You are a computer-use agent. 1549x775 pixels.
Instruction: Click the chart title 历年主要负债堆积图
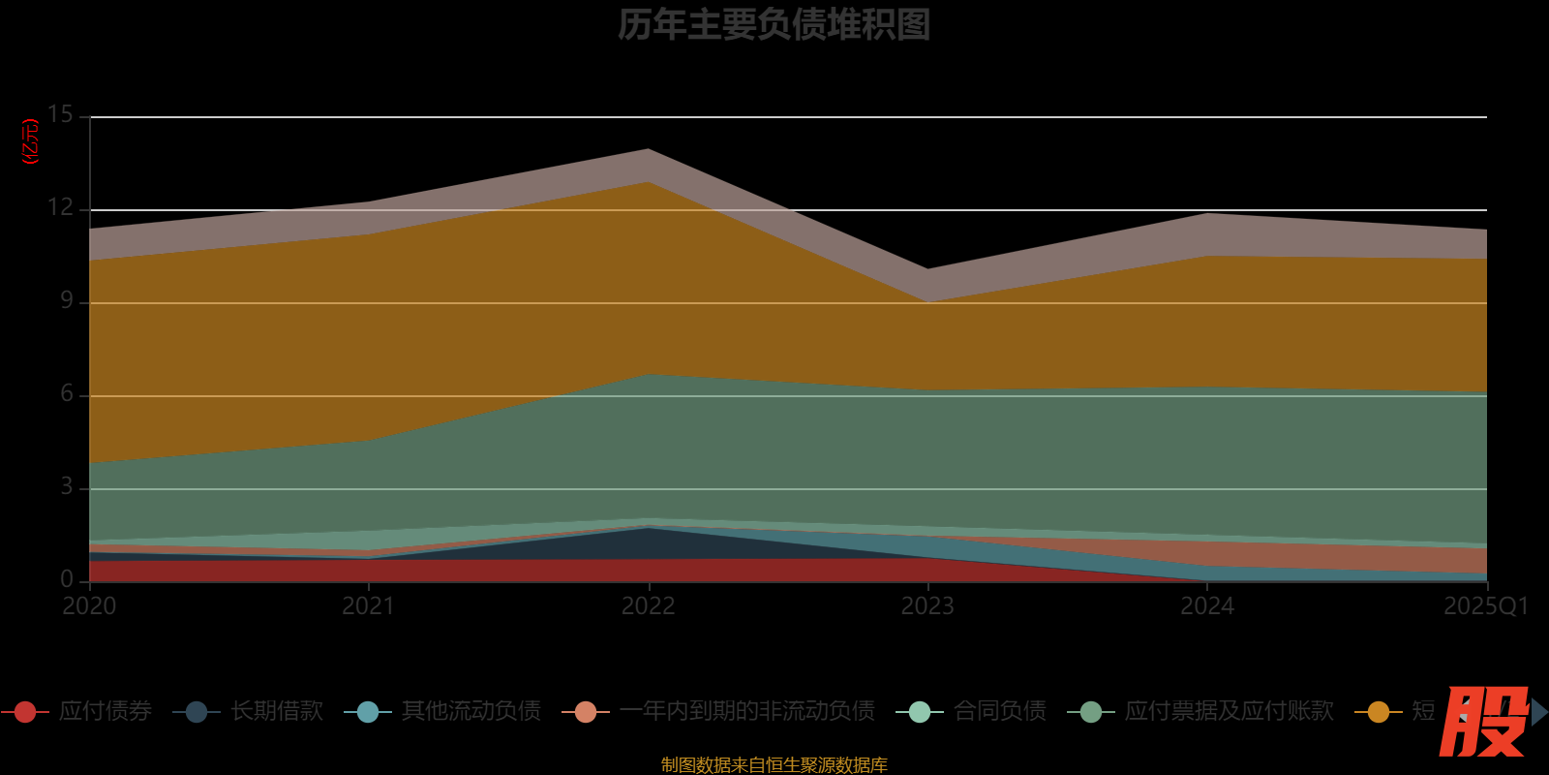coord(774,25)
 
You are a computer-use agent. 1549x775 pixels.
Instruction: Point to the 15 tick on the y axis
coord(60,114)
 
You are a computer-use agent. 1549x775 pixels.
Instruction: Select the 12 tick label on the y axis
coord(60,207)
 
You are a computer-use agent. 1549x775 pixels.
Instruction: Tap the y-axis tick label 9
coord(67,300)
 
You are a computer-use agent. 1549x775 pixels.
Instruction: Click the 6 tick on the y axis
coord(67,393)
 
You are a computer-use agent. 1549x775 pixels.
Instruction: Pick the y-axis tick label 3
coord(67,486)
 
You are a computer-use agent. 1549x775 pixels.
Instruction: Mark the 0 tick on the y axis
coord(67,579)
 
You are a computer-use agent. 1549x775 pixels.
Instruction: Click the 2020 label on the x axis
coord(89,606)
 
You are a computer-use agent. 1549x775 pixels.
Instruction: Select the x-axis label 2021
coord(369,606)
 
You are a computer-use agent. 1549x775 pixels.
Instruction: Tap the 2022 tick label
coord(649,606)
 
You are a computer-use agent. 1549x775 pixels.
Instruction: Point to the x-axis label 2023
coord(927,606)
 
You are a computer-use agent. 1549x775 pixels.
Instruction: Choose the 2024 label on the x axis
coord(1207,606)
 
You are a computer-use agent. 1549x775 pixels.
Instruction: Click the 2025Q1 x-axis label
coord(1486,606)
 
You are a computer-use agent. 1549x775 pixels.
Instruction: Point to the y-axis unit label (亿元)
coord(31,141)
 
